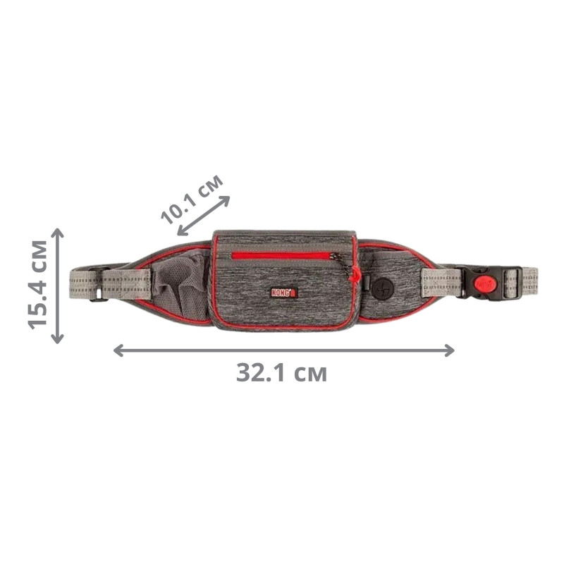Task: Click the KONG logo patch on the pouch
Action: pyautogui.click(x=283, y=293)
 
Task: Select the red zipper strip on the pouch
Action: pyautogui.click(x=281, y=256)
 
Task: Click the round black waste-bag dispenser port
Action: pyautogui.click(x=382, y=289)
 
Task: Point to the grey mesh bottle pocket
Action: pyautogui.click(x=179, y=284)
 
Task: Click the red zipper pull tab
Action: pyautogui.click(x=355, y=275)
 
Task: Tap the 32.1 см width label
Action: pyautogui.click(x=281, y=373)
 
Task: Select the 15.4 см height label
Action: pyautogui.click(x=38, y=285)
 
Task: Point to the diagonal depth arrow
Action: pyautogui.click(x=204, y=216)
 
